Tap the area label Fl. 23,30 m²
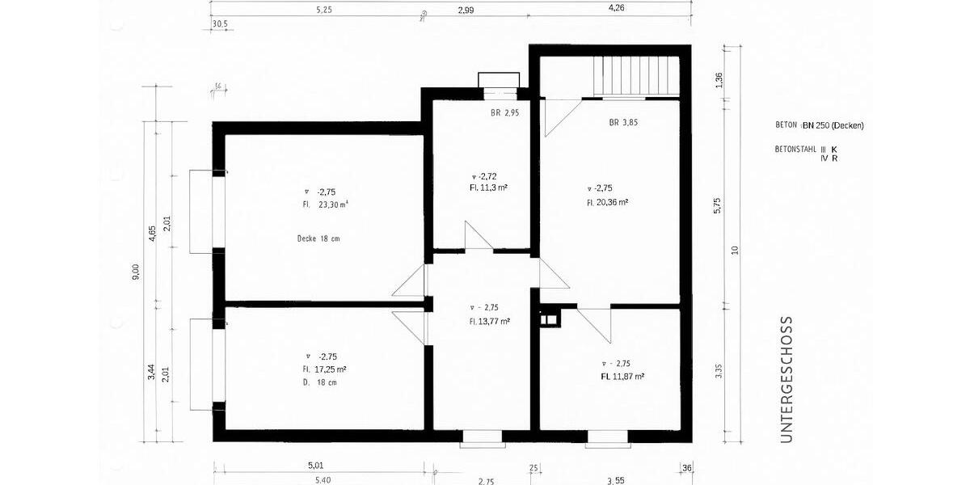(325, 205)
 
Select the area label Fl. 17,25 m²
(325, 369)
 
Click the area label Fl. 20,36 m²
(608, 202)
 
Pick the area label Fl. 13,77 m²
(489, 321)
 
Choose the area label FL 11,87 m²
(622, 377)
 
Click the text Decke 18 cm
(318, 238)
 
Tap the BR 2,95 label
(504, 113)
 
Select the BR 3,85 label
(623, 124)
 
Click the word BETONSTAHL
(795, 150)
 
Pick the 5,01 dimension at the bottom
(315, 466)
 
